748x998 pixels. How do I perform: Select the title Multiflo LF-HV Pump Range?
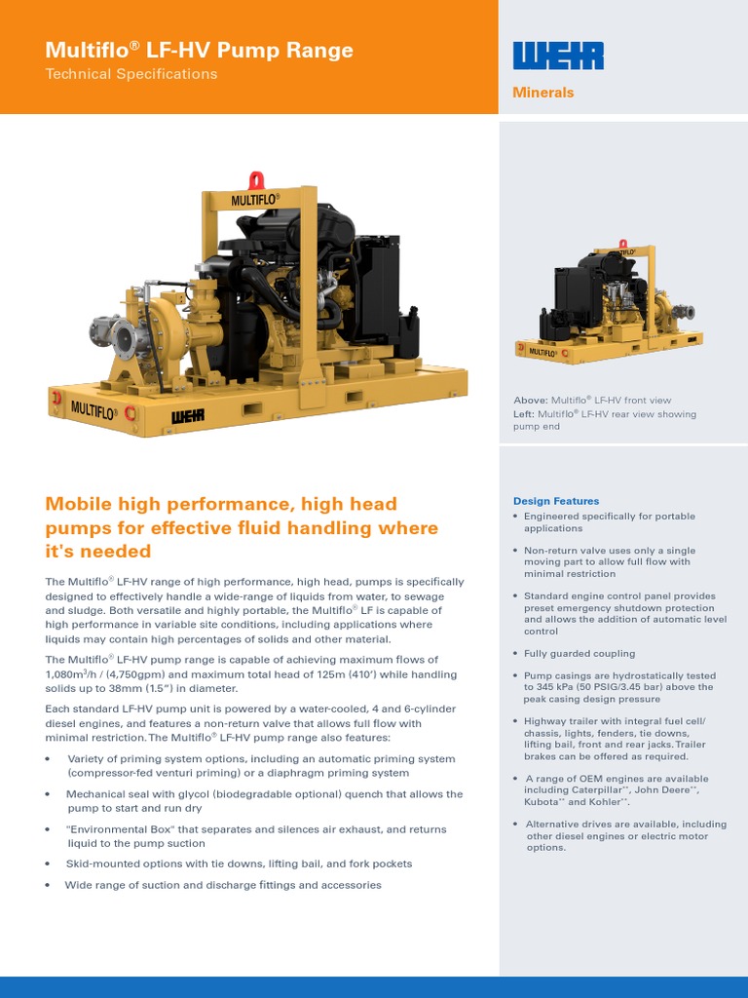pyautogui.click(x=200, y=51)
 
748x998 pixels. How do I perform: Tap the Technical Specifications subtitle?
pyautogui.click(x=131, y=74)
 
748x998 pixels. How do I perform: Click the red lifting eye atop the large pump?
pyautogui.click(x=257, y=180)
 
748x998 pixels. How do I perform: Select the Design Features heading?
pyautogui.click(x=556, y=501)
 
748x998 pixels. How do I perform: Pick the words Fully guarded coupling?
pyautogui.click(x=579, y=654)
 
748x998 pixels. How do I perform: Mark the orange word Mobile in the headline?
pyautogui.click(x=79, y=504)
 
